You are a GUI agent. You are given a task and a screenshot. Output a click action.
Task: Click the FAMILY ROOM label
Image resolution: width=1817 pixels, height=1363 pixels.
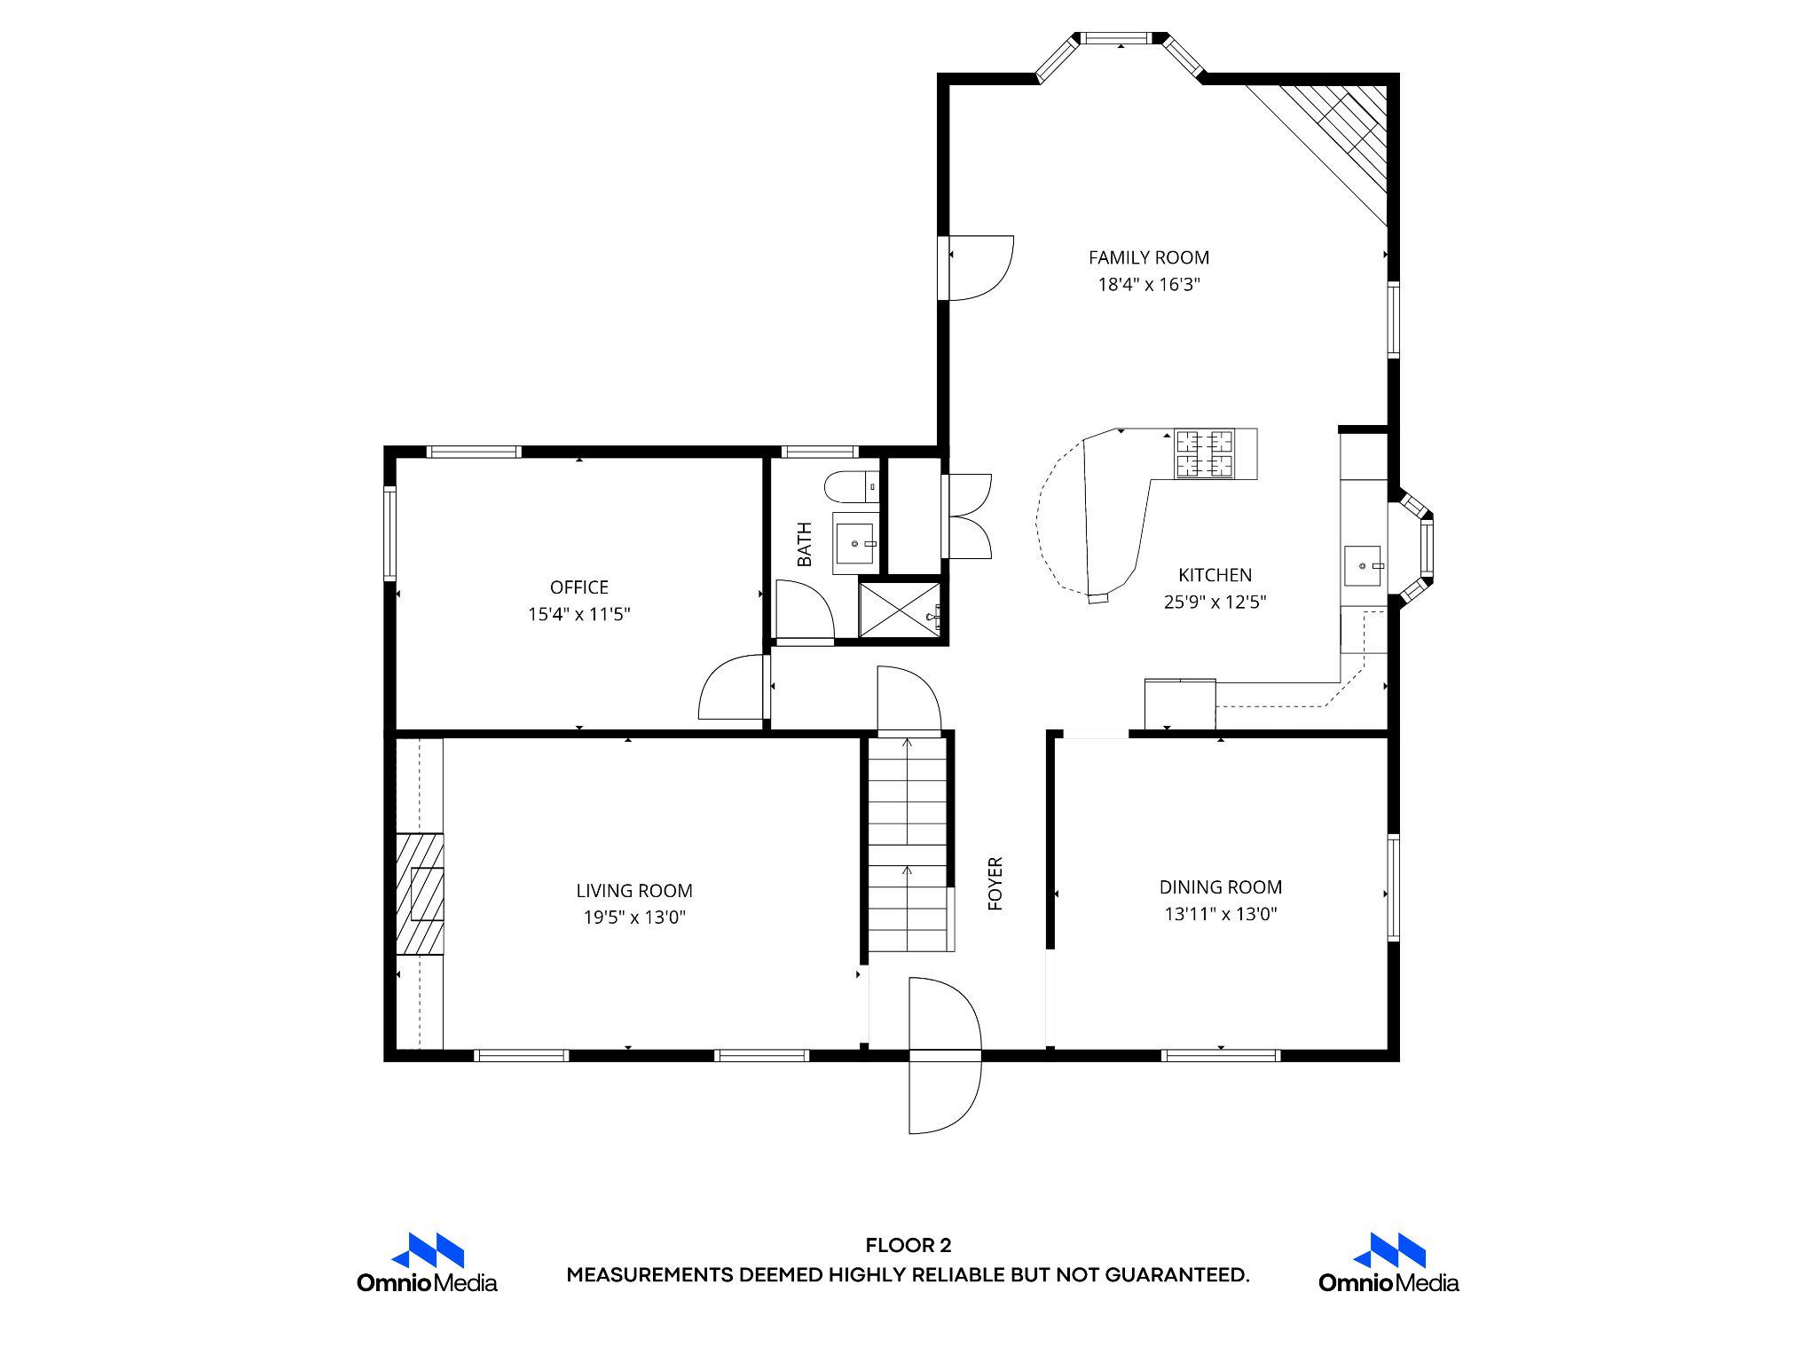[x=1148, y=257]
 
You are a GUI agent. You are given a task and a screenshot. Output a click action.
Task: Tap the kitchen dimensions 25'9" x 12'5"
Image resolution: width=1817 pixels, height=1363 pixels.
[x=1215, y=603]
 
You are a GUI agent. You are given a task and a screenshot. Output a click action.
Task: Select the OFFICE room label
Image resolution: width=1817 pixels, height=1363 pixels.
[x=578, y=587]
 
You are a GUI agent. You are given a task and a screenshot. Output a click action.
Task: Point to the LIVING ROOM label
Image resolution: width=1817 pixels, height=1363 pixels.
[x=633, y=890]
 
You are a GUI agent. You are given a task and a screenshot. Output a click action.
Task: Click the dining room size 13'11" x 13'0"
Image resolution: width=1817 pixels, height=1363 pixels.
[x=1220, y=914]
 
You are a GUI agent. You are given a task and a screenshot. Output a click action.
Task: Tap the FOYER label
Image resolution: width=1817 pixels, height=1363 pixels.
[x=995, y=883]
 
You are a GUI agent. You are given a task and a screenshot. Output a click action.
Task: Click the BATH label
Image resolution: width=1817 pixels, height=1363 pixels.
[x=804, y=544]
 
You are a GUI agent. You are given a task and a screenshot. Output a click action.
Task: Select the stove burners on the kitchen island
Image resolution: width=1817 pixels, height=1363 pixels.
[x=1204, y=453]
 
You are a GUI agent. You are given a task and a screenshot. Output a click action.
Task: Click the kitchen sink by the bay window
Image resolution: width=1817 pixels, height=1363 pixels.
[x=1362, y=566]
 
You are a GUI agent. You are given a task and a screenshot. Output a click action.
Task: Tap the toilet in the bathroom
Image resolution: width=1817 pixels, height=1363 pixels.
[x=850, y=486]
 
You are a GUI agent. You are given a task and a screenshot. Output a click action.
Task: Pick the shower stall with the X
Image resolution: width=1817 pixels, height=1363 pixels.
[x=899, y=608]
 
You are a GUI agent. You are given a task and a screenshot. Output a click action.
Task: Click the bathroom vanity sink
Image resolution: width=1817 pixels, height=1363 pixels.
[x=854, y=542]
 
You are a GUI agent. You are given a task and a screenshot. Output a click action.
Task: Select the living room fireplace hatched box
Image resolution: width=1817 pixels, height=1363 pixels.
[x=420, y=894]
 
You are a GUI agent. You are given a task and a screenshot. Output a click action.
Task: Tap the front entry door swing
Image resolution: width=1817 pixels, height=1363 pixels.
[x=944, y=1055]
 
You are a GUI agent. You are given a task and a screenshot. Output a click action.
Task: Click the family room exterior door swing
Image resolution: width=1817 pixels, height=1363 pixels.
[x=979, y=268]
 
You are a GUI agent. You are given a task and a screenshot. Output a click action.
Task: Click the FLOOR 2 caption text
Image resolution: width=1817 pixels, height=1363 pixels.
[x=908, y=1246]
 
